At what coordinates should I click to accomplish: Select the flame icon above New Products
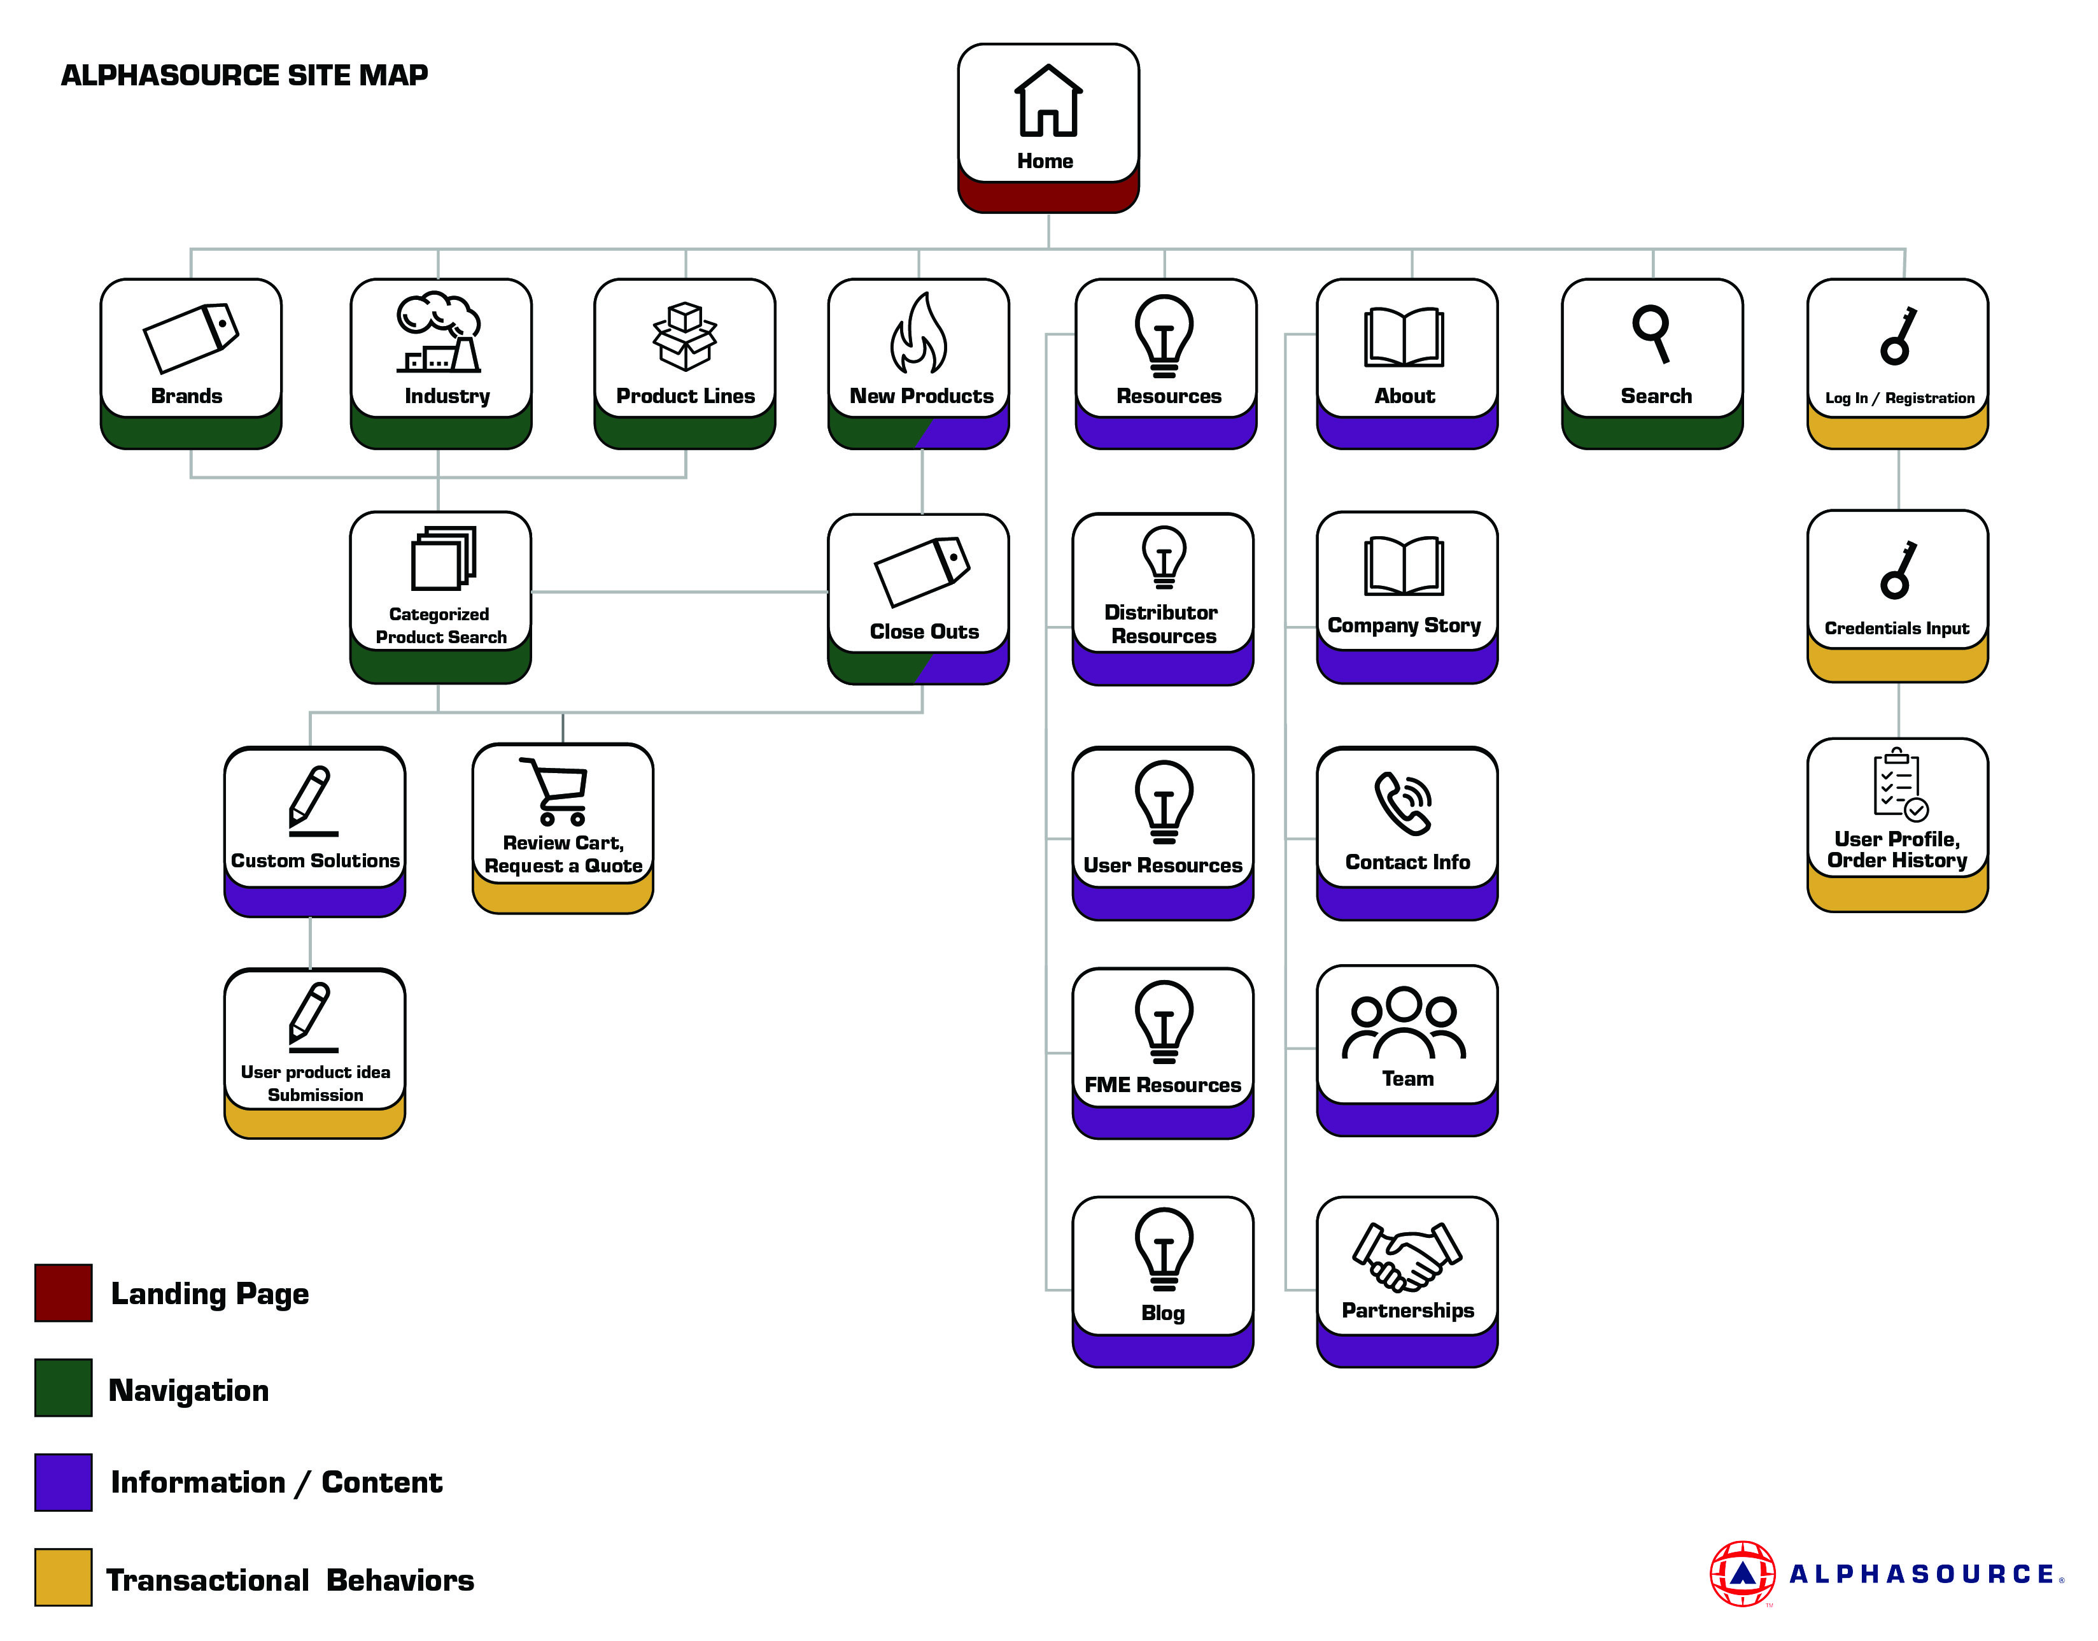[x=919, y=334]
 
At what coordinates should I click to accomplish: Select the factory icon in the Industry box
[x=439, y=334]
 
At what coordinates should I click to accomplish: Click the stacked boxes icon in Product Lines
[x=684, y=336]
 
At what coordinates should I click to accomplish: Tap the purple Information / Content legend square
[x=64, y=1482]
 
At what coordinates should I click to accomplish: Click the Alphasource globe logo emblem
[x=1742, y=1573]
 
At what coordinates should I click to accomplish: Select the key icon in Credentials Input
[x=1898, y=570]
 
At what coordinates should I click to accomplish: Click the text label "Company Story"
[x=1404, y=625]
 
